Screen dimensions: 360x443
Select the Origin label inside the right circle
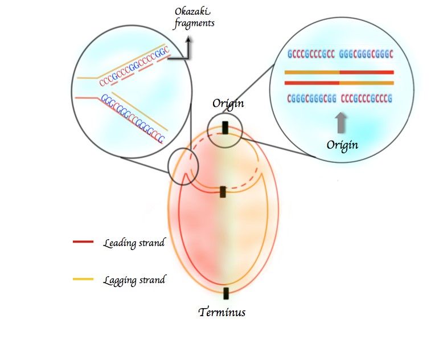[x=342, y=145]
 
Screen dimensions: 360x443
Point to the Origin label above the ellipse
[x=228, y=103]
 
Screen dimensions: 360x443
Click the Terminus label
[x=222, y=312]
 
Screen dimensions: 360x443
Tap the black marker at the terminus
[x=226, y=293]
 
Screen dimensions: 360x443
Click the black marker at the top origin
[x=226, y=128]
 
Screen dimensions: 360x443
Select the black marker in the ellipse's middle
[x=224, y=191]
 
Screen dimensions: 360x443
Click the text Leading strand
[x=134, y=243]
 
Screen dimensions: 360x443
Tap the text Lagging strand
[x=134, y=280]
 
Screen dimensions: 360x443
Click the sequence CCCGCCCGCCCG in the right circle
[x=367, y=99]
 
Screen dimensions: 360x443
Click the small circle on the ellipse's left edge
[x=183, y=167]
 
